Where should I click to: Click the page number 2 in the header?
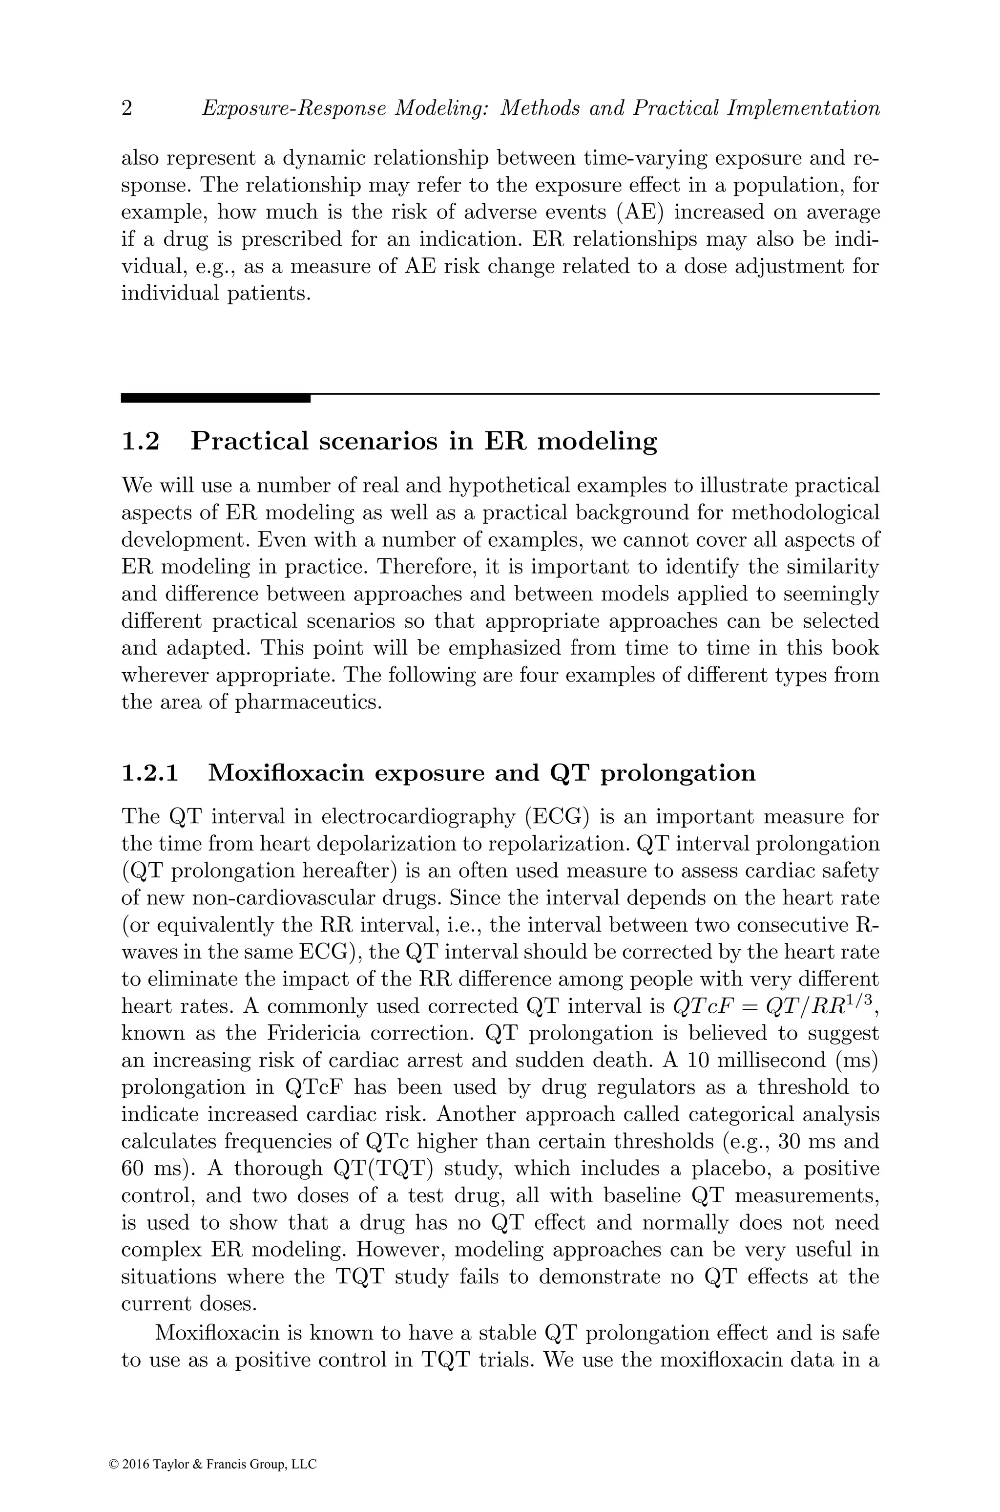tap(127, 109)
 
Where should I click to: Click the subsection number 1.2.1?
tap(150, 772)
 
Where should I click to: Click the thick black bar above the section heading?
tap(215, 398)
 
